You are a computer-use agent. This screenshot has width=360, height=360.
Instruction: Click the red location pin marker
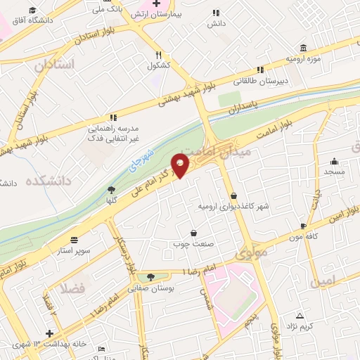tap(181, 165)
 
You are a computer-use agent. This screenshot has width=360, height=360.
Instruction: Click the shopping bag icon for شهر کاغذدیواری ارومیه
tap(233, 195)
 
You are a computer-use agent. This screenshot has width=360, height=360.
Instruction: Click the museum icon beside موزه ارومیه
tap(303, 48)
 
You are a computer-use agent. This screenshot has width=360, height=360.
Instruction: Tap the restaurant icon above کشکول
tap(160, 54)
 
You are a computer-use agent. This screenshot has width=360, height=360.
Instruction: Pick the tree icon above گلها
tap(110, 189)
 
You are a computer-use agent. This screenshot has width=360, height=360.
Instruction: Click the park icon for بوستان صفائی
tap(150, 278)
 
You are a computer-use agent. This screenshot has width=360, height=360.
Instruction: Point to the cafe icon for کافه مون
tap(303, 226)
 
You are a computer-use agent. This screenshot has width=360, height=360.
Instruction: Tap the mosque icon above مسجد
tap(328, 160)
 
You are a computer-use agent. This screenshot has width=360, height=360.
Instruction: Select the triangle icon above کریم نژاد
tap(300, 315)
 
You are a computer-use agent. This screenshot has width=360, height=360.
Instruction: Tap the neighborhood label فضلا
tap(73, 288)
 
